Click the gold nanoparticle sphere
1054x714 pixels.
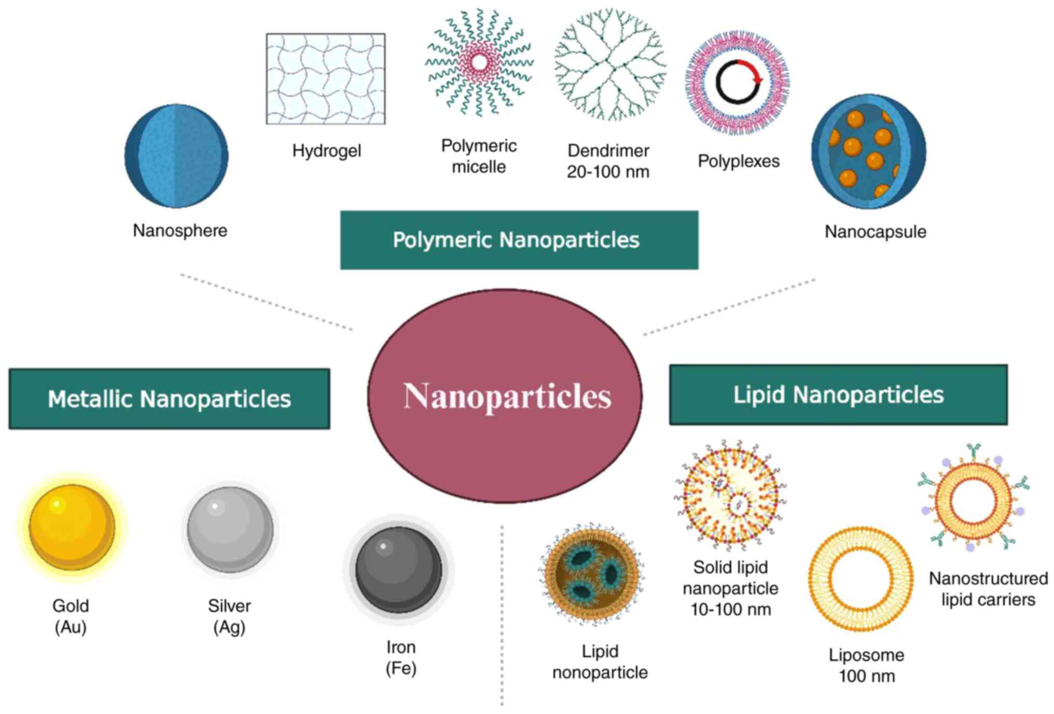pos(72,527)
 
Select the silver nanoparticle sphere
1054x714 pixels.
pos(230,529)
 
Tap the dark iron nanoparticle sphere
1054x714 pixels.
pos(398,569)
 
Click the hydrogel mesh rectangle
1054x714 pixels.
pos(326,79)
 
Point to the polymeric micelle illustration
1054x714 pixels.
pos(479,62)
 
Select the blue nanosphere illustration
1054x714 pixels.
pos(176,156)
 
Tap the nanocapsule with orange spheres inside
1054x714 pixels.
pos(869,152)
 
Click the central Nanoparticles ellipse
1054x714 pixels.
pos(505,396)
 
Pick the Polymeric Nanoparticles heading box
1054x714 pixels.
pos(519,240)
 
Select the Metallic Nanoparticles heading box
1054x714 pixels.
pos(170,399)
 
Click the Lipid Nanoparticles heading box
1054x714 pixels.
pos(838,395)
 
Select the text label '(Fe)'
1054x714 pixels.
pos(401,668)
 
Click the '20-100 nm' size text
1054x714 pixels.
pos(608,172)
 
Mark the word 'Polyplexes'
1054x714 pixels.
pos(739,161)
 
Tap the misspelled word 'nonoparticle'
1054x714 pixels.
pos(600,672)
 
